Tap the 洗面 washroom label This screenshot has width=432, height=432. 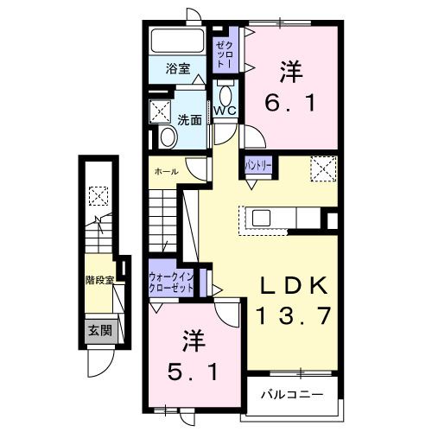[x=190, y=120]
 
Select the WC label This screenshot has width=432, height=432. [x=226, y=111]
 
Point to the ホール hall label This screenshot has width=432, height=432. [x=167, y=171]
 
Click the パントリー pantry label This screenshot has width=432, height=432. [x=258, y=163]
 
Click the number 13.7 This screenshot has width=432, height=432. [x=292, y=317]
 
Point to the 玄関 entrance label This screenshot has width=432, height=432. [x=98, y=329]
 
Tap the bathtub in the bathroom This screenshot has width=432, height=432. [x=176, y=41]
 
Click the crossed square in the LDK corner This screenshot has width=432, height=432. [x=322, y=167]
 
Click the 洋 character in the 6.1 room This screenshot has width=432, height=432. [x=292, y=70]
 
